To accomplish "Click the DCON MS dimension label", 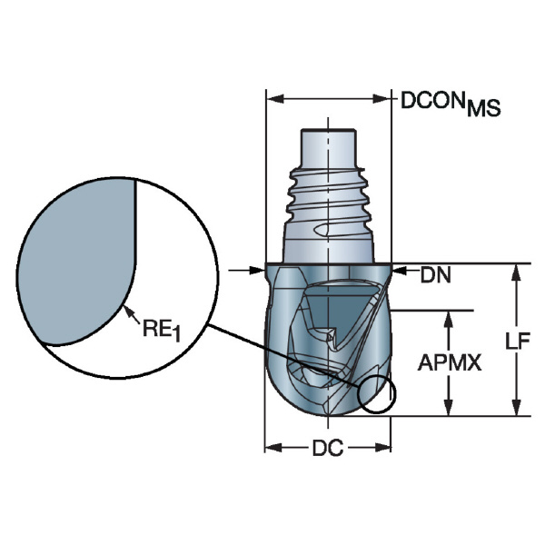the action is [x=451, y=104].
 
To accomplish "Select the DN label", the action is [x=435, y=275].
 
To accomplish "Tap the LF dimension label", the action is [x=518, y=341].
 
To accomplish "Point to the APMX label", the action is [x=450, y=362].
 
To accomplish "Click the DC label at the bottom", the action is [x=328, y=448].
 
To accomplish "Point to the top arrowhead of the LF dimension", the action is [x=517, y=272].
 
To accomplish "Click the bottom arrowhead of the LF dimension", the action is [x=517, y=407].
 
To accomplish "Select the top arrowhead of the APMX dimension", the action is [x=449, y=319].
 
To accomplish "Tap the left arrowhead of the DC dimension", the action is [x=273, y=448].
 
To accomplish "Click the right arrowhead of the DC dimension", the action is [x=382, y=448].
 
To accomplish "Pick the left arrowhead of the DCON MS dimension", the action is [x=274, y=99].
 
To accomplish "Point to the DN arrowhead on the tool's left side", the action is [x=256, y=270].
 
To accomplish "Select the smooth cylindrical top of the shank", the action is [x=328, y=148].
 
